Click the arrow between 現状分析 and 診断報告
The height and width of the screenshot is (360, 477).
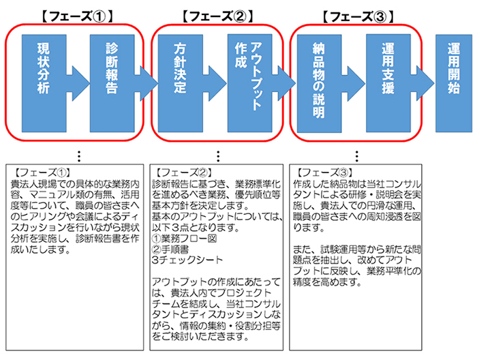(76, 83)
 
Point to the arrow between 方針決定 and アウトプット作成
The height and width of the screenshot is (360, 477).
(214, 83)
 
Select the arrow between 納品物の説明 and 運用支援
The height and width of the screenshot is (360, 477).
(352, 83)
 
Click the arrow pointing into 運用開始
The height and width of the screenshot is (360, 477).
(423, 83)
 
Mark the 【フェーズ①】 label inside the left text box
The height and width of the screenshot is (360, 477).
(39, 171)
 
